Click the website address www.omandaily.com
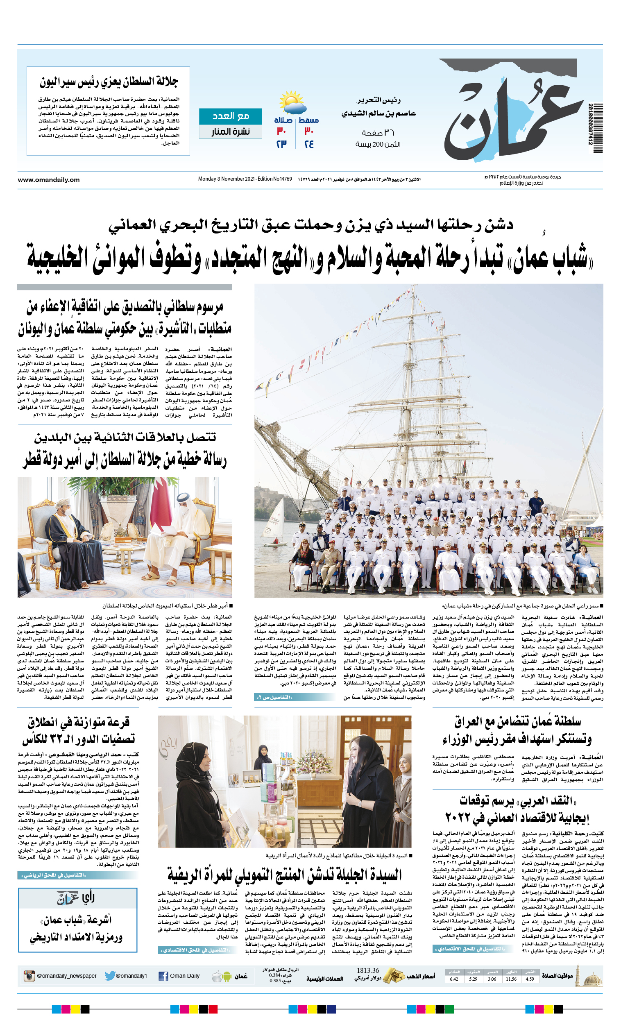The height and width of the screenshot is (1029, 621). pyautogui.click(x=48, y=179)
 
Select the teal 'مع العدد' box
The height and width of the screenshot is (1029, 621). pyautogui.click(x=230, y=116)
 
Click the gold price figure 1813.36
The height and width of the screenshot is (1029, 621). pyautogui.click(x=367, y=970)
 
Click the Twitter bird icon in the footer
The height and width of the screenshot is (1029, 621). pyautogui.click(x=110, y=976)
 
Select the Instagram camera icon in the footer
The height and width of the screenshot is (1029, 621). pyautogui.click(x=29, y=976)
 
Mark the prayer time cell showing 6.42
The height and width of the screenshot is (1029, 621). pyautogui.click(x=454, y=979)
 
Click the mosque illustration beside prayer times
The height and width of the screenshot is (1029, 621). pyautogui.click(x=590, y=976)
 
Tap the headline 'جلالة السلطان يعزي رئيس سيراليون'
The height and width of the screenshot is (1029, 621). pyautogui.click(x=109, y=82)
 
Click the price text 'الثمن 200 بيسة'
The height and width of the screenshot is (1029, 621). pyautogui.click(x=378, y=144)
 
